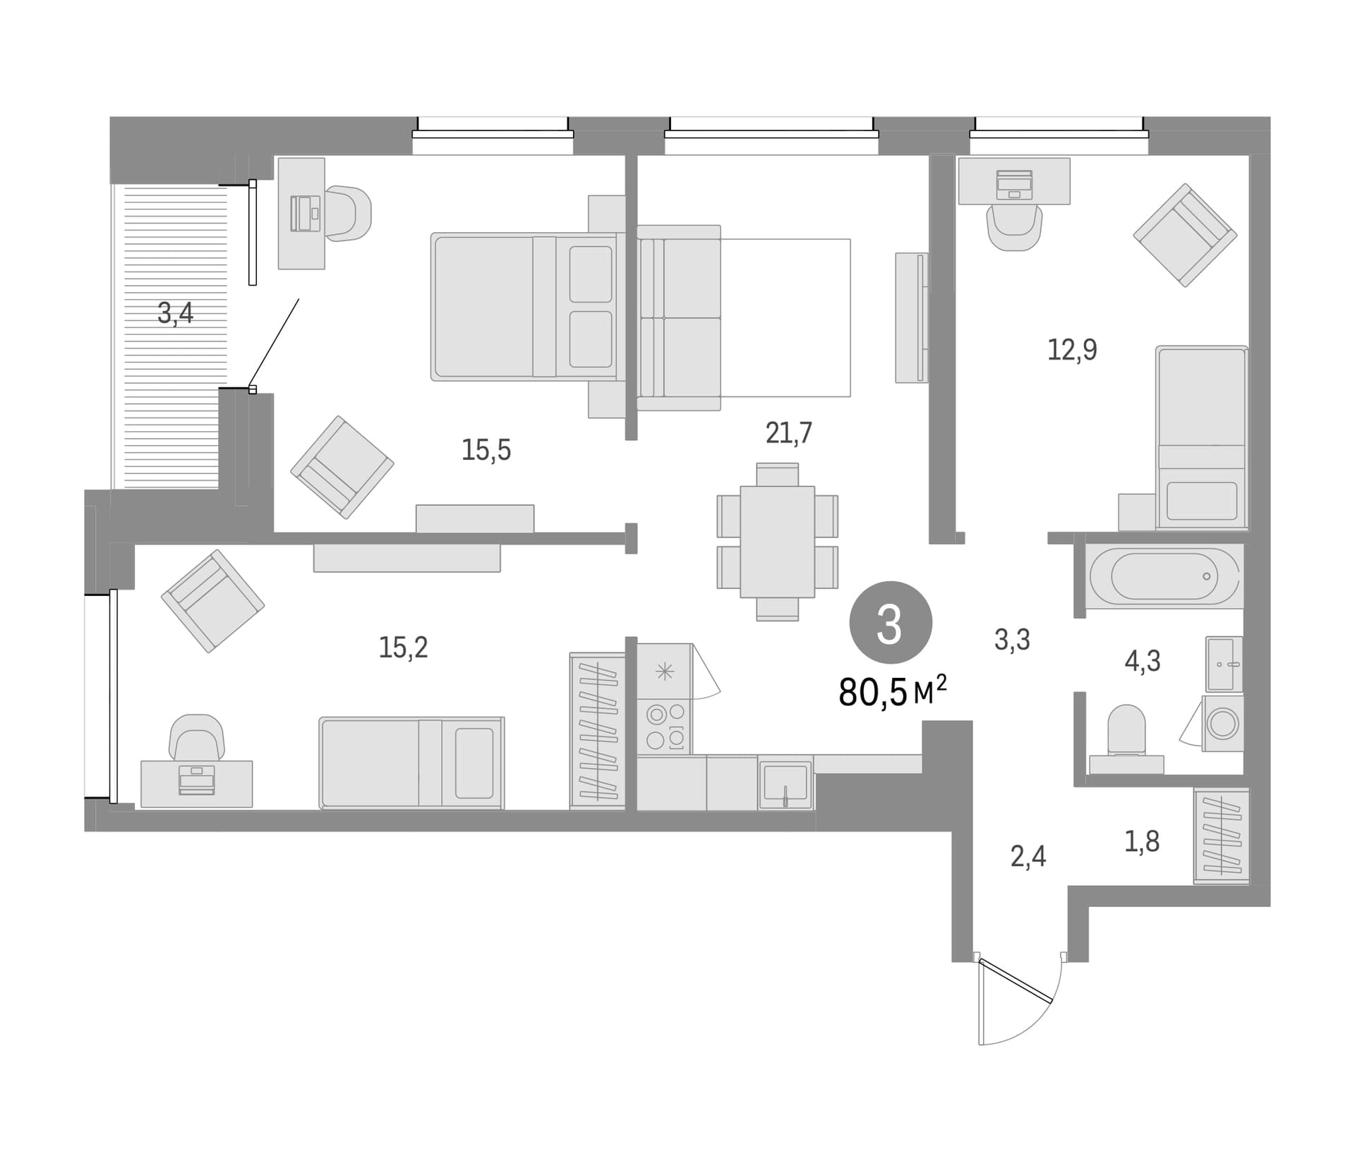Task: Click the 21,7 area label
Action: [788, 432]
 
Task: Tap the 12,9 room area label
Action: [1072, 349]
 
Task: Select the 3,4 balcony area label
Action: [175, 312]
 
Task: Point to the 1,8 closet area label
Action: [1142, 841]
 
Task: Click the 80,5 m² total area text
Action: [893, 691]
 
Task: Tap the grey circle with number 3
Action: [891, 623]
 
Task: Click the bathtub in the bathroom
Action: [1164, 576]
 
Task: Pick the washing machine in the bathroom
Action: [1222, 723]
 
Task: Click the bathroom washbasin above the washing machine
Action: [1224, 664]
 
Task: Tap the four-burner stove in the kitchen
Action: [665, 726]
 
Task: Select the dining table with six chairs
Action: [777, 542]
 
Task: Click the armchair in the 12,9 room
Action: [1185, 235]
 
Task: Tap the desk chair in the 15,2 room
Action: [197, 739]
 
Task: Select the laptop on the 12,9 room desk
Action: [1014, 185]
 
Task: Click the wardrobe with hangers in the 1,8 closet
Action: [1221, 836]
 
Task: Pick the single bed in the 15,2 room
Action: [411, 762]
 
